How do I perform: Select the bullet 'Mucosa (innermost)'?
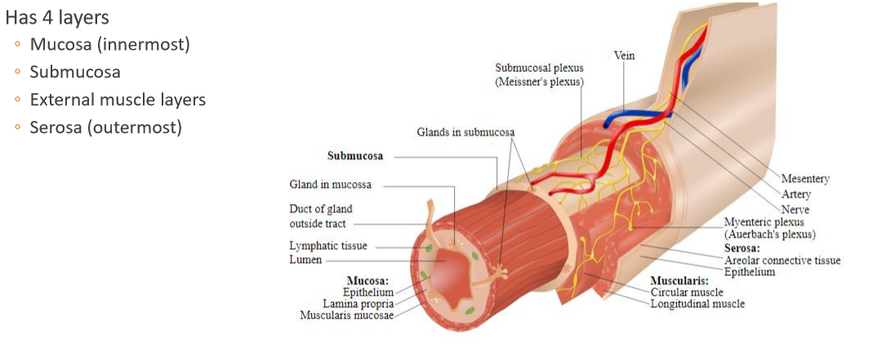click(109, 44)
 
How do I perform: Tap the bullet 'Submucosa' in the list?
click(75, 72)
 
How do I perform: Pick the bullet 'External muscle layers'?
click(118, 100)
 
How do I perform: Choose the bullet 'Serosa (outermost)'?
click(105, 127)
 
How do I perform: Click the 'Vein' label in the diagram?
click(624, 56)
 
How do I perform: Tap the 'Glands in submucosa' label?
click(465, 131)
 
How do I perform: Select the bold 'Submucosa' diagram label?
click(355, 156)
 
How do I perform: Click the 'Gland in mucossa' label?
click(330, 184)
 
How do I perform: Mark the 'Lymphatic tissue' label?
click(328, 246)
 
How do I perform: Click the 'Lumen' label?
click(305, 260)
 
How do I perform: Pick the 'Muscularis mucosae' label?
click(346, 314)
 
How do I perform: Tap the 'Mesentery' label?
click(804, 179)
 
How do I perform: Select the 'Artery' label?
click(795, 194)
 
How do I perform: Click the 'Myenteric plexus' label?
click(763, 222)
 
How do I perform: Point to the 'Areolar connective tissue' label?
click(782, 260)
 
